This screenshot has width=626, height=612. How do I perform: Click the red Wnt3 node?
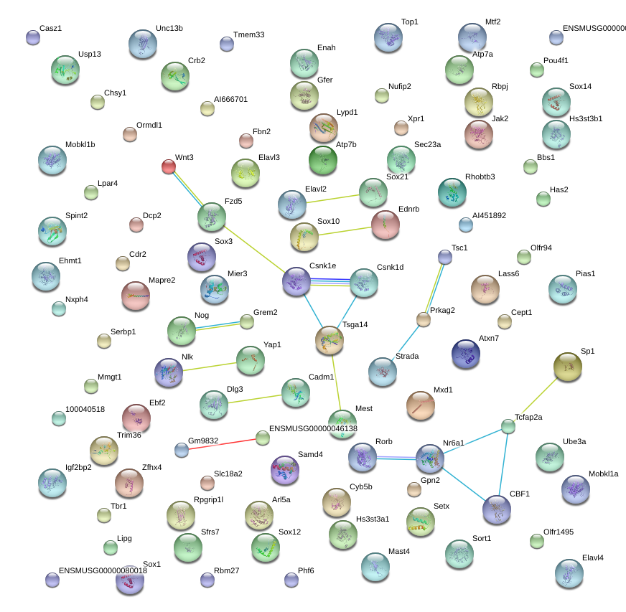169,166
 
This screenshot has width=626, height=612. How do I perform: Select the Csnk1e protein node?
296,282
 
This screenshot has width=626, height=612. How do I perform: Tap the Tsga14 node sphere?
330,340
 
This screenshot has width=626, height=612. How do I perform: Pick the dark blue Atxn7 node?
465,354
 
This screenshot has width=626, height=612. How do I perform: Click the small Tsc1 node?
445,257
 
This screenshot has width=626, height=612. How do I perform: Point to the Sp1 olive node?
568,367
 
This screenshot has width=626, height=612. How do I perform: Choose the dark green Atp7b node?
323,161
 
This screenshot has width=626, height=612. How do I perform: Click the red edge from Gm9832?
222,444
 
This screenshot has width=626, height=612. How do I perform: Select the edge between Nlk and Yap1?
210,367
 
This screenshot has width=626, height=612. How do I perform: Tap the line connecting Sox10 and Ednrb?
345,231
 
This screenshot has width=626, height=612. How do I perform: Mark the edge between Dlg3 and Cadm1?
255,400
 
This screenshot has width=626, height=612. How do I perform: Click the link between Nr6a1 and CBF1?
463,484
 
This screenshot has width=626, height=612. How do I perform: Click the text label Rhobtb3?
480,176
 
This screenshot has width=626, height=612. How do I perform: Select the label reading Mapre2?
162,280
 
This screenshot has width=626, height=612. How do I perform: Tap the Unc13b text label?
169,28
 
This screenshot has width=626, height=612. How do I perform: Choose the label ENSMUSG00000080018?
103,570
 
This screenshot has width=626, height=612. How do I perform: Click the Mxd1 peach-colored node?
421,405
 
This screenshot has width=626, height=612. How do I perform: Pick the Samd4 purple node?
285,470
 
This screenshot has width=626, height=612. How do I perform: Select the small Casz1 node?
33,37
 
